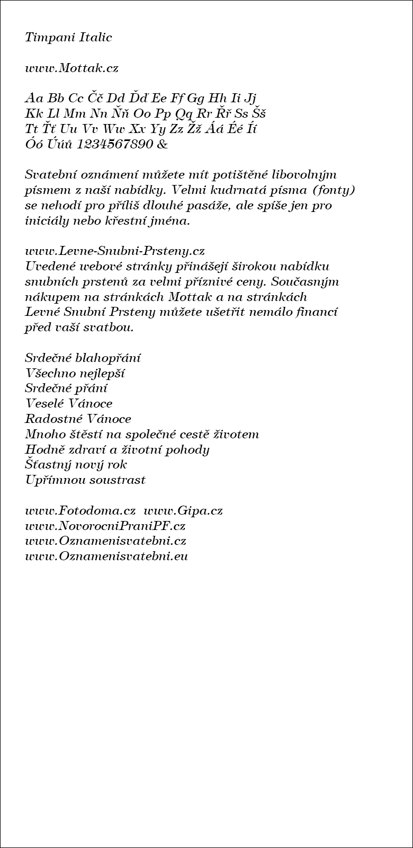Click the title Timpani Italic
pos(68,38)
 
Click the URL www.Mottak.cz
pos(71,68)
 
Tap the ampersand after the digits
pos(162,144)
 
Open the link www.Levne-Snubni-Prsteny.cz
pos(115,251)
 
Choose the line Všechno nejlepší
pos(75,374)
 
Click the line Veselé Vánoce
pos(69,404)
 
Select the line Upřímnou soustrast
pos(85,480)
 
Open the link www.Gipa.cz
pos(183,511)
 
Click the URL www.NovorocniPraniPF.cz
pos(105,526)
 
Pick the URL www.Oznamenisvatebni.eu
pos(106,556)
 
